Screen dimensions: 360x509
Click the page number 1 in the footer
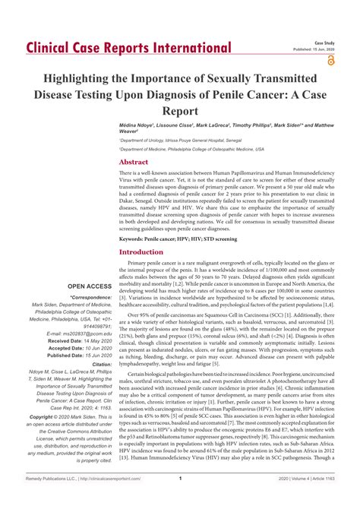tap(180, 499)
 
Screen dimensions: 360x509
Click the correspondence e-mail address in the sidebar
tap(80, 333)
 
